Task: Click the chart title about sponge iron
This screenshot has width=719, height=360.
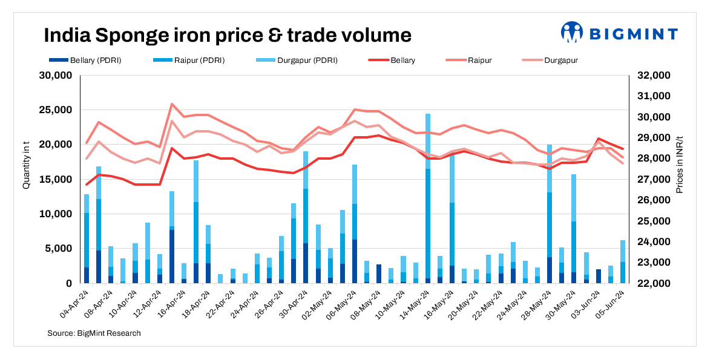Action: coord(228,34)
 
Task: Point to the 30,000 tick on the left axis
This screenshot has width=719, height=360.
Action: coord(55,76)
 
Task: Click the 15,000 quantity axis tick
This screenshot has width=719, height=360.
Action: coord(55,180)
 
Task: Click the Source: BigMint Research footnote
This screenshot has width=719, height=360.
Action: coord(94,333)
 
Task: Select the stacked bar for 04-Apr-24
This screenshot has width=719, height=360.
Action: coord(87,239)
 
